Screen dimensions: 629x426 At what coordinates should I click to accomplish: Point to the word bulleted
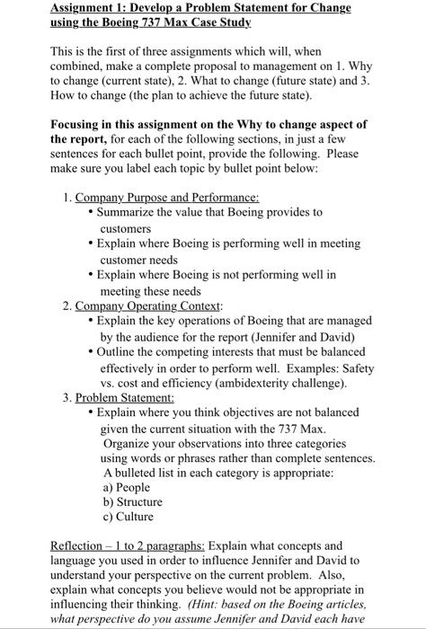point(146,473)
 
